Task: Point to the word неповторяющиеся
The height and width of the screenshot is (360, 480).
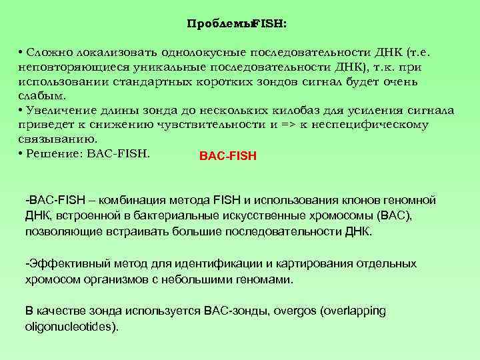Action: [x=63, y=67]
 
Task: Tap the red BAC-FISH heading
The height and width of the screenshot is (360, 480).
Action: [x=227, y=158]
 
